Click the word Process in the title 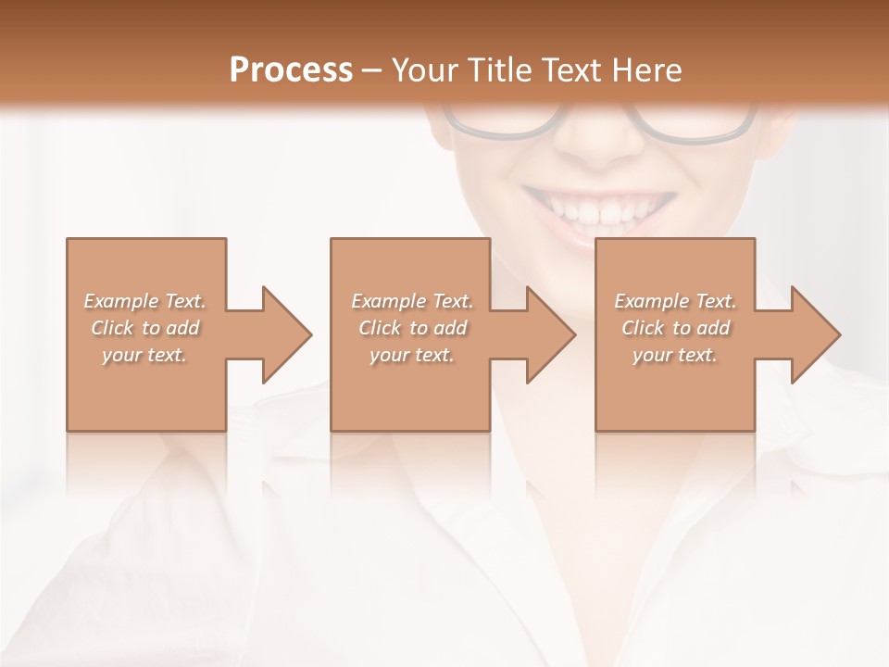coord(291,70)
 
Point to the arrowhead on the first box coord(287,334)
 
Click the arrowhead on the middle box coord(551,334)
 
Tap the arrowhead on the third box coord(816,334)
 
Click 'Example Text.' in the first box coord(144,301)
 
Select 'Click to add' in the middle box coord(412,328)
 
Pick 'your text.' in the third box coord(675,355)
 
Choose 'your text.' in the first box coord(144,355)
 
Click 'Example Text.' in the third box coord(675,301)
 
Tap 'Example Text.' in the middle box coord(412,301)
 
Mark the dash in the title coord(371,70)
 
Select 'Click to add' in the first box coord(144,328)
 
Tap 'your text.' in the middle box coord(412,355)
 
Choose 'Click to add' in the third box coord(675,328)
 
